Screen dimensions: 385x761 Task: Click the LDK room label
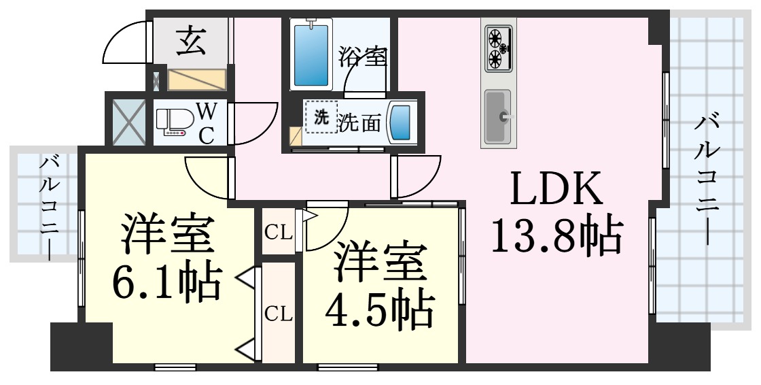556,190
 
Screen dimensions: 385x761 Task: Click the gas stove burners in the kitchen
499,47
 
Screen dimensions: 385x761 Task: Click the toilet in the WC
173,123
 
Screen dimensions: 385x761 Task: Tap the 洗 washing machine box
320,117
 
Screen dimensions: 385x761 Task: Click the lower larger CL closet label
278,314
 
